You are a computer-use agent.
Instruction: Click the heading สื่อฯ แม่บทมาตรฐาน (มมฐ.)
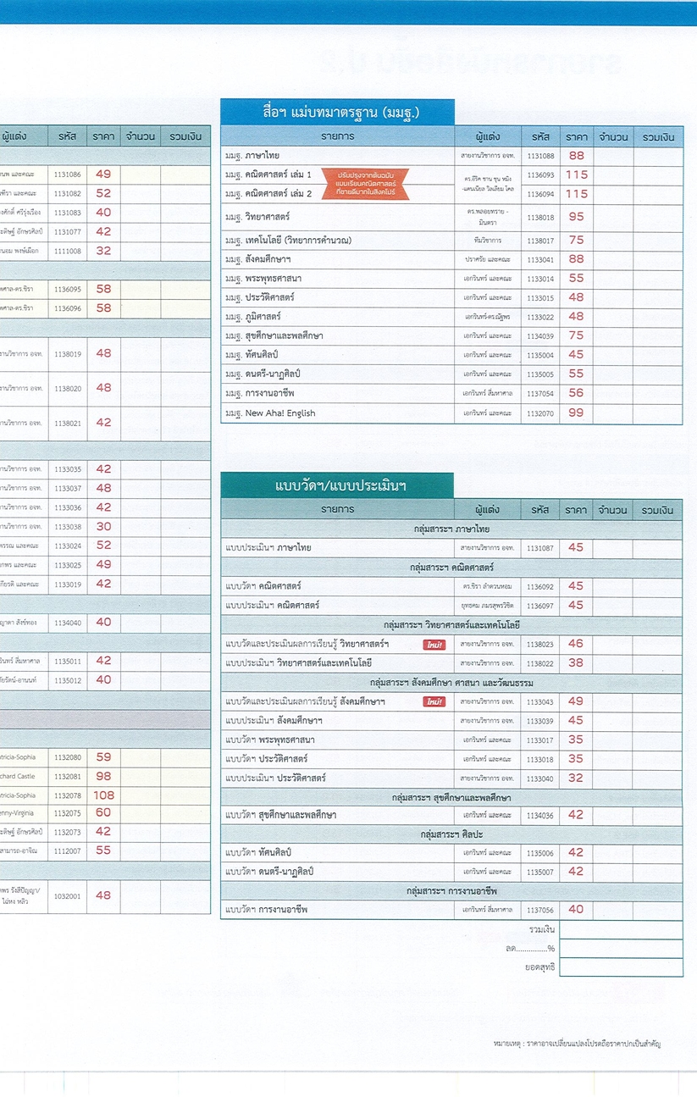coord(337,112)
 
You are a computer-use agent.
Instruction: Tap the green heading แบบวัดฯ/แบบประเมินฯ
coord(337,485)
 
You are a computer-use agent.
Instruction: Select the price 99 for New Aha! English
coord(576,413)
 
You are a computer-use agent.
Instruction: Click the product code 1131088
coord(540,156)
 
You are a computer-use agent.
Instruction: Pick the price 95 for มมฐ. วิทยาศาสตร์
coord(576,216)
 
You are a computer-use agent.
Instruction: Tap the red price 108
coord(103,795)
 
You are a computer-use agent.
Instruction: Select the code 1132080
coord(68,757)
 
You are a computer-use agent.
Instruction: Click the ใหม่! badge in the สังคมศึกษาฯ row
coord(434,701)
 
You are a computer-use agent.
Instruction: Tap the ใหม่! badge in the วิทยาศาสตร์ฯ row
coord(434,645)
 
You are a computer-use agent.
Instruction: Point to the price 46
coord(576,644)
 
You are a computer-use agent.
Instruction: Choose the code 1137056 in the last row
coord(540,910)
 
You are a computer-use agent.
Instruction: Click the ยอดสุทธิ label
coord(539,967)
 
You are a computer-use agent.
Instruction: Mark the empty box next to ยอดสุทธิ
coord(621,967)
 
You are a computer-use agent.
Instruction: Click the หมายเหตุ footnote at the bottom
coord(575,1044)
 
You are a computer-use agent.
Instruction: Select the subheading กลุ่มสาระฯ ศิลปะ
coord(451,834)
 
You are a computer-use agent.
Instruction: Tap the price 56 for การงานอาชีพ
coord(576,393)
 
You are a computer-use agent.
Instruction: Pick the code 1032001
coord(68,895)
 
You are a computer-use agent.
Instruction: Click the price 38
coord(576,663)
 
